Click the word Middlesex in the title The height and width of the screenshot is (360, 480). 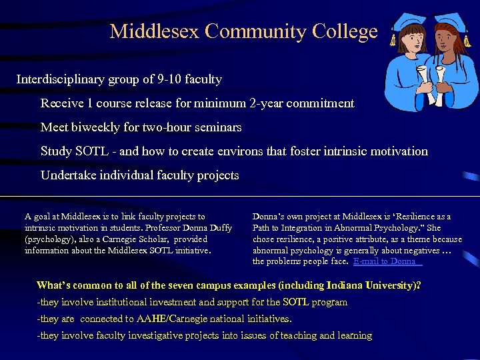click(155, 31)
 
